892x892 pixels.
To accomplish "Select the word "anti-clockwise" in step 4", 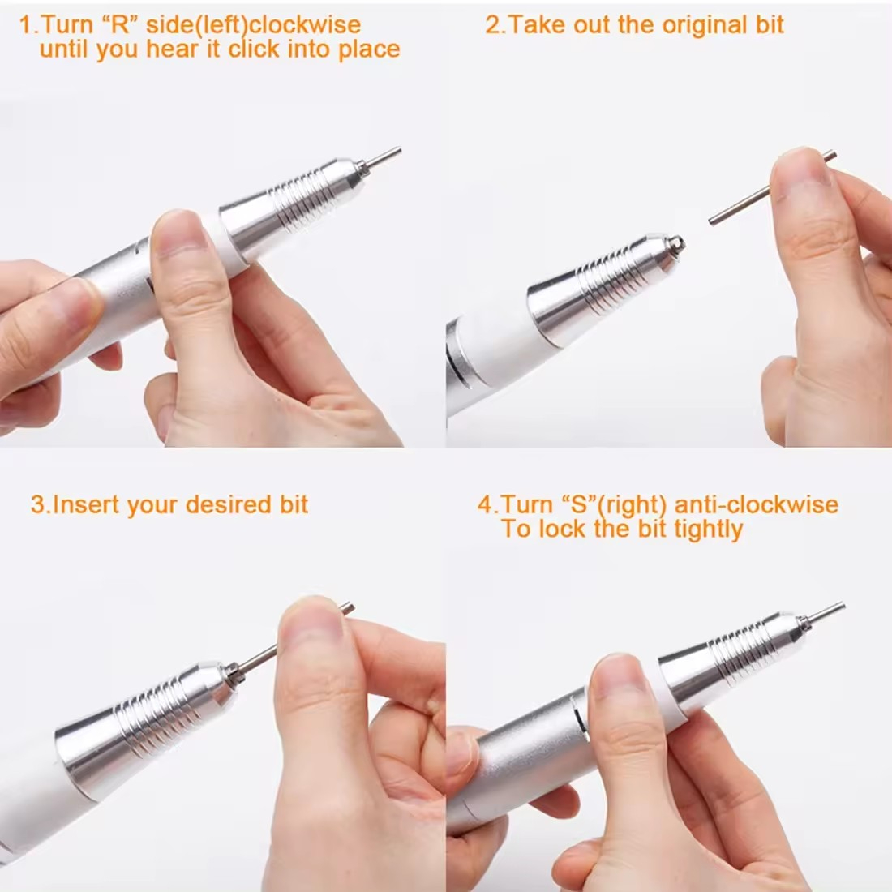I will coord(757,504).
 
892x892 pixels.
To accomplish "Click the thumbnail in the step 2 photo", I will coord(803,174).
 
